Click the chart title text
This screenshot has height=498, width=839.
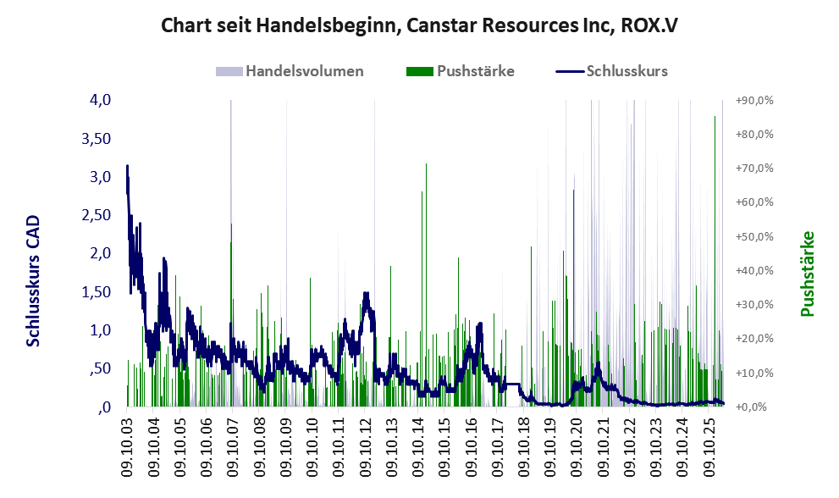420,25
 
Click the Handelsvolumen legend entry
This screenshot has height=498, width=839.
290,71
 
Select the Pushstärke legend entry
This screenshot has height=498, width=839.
461,71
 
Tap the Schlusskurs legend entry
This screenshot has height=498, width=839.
611,71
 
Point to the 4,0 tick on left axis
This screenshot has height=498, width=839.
100,100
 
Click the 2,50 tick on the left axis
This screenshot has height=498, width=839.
96,215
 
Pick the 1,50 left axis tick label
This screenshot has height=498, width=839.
96,292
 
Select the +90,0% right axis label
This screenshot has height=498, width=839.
754,101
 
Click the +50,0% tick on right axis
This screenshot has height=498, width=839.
754,236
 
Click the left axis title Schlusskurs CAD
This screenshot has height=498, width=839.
33,280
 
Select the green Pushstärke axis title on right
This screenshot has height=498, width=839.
807,274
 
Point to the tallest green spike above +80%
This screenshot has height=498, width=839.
715,116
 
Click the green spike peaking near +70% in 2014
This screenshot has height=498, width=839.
426,163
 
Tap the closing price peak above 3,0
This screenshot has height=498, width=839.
127,166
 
